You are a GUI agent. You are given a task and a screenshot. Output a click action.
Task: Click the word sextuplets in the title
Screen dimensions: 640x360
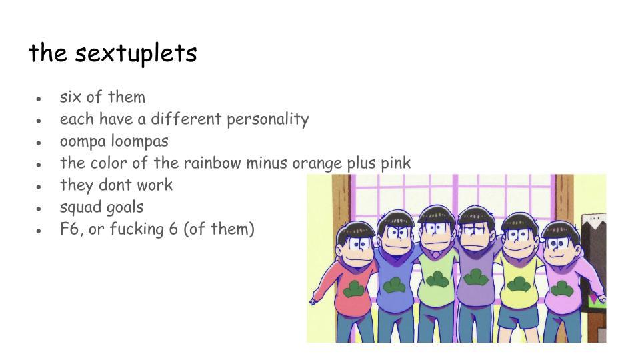(136, 53)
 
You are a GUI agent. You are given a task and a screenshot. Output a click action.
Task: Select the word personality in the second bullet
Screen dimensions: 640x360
(268, 119)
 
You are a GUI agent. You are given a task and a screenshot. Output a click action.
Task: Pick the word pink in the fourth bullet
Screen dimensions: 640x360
(396, 163)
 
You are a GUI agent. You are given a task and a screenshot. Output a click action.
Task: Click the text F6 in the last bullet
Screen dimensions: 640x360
(69, 229)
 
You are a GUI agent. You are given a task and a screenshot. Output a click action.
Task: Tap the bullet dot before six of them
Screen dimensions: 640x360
(39, 99)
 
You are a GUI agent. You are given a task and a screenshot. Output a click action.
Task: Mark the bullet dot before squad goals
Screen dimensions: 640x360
(39, 209)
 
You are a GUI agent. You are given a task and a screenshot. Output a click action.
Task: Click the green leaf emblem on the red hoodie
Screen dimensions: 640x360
(354, 289)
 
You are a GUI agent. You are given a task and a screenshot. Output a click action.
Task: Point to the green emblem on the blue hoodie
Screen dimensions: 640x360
(394, 285)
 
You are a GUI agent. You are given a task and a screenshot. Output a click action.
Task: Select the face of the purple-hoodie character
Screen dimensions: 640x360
(476, 236)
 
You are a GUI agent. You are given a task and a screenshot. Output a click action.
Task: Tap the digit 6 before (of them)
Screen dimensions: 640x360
(173, 229)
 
